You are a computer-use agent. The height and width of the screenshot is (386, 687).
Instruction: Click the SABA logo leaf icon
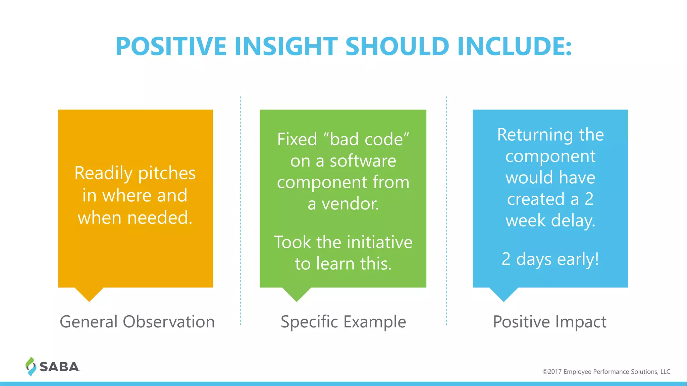31,366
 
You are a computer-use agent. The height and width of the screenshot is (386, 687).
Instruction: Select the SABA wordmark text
59,367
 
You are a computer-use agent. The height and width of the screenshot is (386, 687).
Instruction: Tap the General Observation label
137,322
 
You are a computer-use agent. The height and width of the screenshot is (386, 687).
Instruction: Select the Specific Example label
343,322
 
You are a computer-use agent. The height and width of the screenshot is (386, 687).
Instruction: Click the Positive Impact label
549,322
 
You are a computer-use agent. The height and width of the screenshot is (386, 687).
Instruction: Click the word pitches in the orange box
167,174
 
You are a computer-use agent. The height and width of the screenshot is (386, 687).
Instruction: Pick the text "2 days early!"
550,259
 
